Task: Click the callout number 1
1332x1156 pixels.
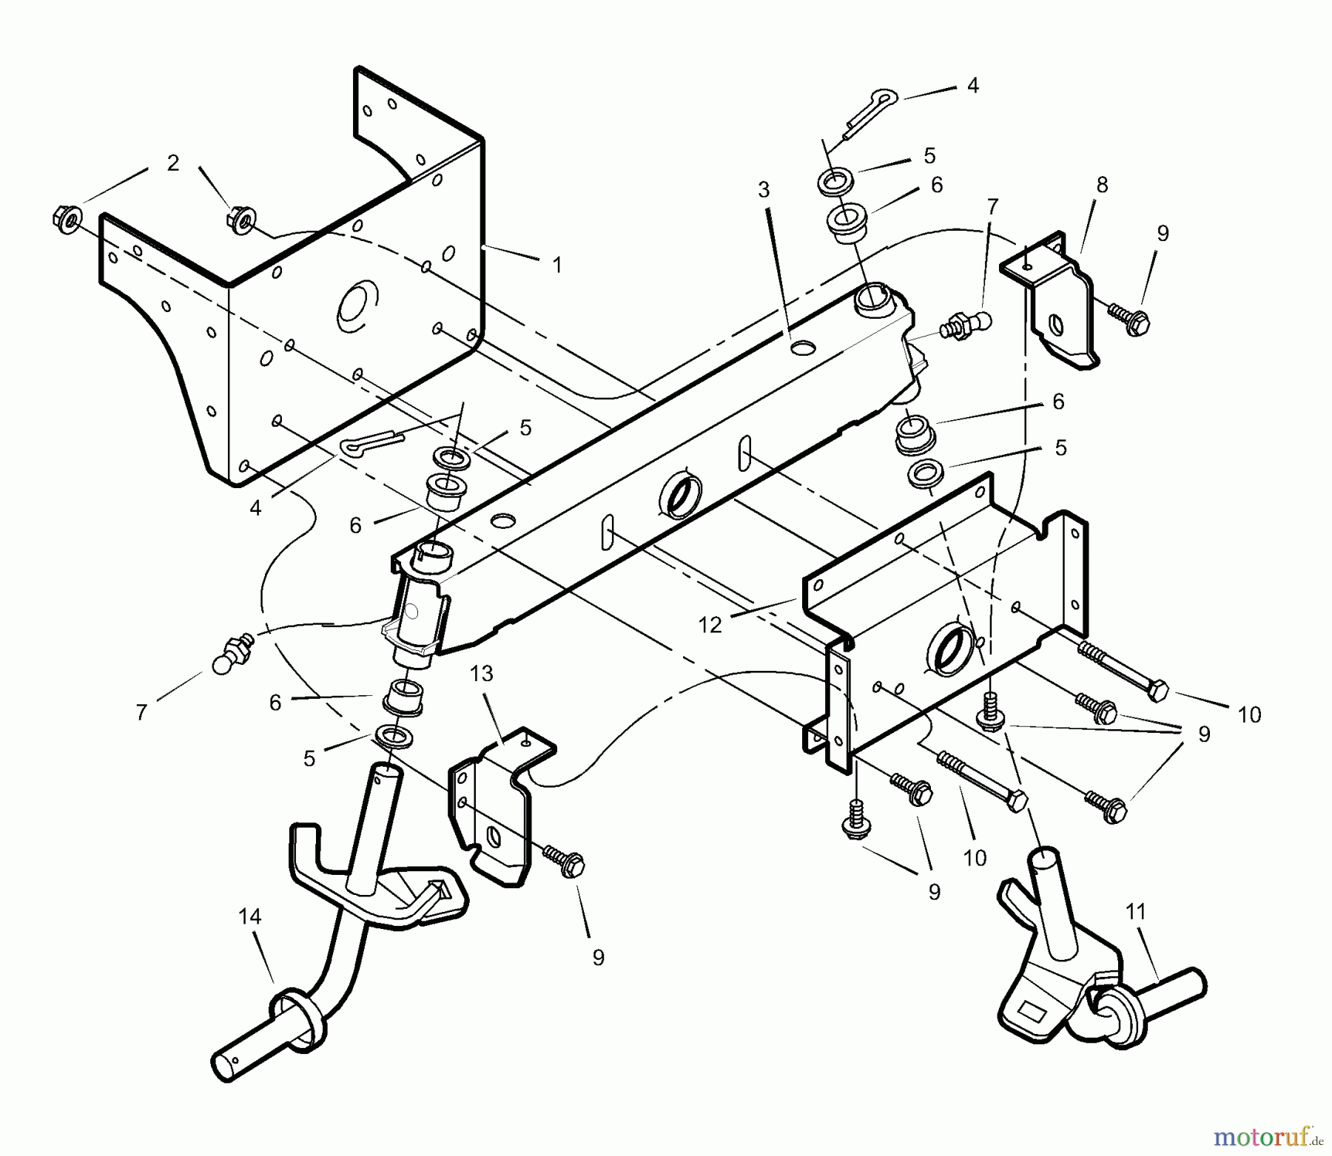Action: click(x=557, y=265)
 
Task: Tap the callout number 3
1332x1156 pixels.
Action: click(x=764, y=190)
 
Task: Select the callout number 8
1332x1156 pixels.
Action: click(x=1102, y=185)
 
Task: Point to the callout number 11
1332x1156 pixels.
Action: click(x=1135, y=912)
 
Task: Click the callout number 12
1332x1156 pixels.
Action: click(x=710, y=625)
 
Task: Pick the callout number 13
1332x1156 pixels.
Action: click(x=481, y=674)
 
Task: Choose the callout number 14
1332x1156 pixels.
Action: click(x=250, y=916)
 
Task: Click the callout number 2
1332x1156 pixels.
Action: click(x=172, y=163)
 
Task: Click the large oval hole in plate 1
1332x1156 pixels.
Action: click(x=357, y=304)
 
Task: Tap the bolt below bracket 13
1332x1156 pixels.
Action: click(x=565, y=861)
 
